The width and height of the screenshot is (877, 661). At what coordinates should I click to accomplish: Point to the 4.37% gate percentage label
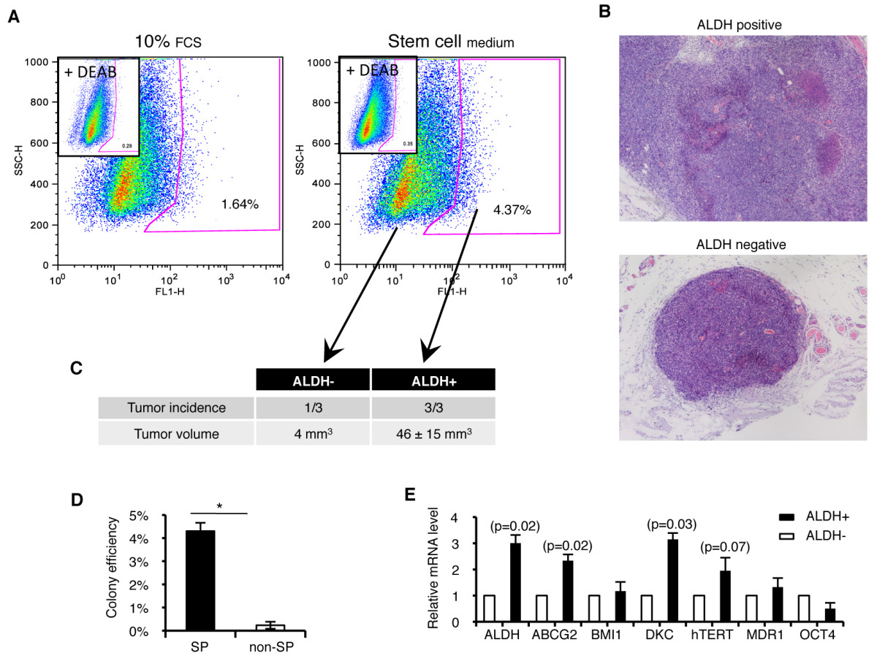pyautogui.click(x=512, y=210)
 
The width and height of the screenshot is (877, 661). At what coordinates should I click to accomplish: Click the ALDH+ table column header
pyautogui.click(x=434, y=379)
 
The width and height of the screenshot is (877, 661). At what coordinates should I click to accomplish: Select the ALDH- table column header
pyautogui.click(x=313, y=379)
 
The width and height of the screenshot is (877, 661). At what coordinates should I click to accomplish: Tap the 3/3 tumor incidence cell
pyautogui.click(x=434, y=407)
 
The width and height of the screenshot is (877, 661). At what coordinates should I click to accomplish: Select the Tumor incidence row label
pyautogui.click(x=175, y=407)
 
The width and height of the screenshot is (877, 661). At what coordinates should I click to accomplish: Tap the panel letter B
pyautogui.click(x=604, y=12)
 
